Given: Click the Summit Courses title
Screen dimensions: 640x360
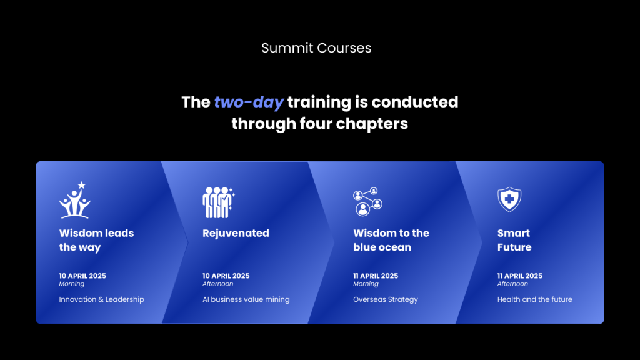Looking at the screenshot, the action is tap(316, 47).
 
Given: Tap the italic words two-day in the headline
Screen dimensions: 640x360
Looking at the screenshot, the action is tap(249, 102).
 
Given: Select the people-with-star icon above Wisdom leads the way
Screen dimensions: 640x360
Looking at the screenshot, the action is tap(75, 200).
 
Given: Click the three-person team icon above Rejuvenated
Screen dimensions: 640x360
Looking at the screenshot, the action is tap(218, 202).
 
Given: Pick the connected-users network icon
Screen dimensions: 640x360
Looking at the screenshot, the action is tap(367, 202).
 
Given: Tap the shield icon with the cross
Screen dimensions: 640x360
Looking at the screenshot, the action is tap(509, 199).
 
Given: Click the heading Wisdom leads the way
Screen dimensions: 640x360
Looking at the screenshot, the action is tap(96, 240).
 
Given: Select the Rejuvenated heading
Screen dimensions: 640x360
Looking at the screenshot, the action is tap(236, 233).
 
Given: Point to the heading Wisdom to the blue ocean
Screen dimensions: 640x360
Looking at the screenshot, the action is tap(391, 240).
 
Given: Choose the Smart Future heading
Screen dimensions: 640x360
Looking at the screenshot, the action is tap(514, 240).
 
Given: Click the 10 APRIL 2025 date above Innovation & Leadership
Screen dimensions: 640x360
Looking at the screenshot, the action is tap(82, 276).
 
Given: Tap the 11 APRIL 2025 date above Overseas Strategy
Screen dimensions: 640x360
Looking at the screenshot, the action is tap(376, 276).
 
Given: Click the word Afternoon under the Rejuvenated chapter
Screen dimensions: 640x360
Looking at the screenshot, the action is tap(218, 284).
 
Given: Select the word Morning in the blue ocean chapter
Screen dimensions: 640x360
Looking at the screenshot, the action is tap(366, 284).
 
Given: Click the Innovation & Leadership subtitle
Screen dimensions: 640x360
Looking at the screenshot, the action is tap(102, 299).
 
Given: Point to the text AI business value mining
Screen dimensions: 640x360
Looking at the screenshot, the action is tap(246, 299).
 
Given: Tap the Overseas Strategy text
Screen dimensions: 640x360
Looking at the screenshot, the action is tap(385, 299).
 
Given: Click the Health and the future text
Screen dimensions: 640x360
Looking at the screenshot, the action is tap(535, 299).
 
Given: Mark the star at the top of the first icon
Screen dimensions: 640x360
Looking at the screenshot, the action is tap(82, 185).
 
